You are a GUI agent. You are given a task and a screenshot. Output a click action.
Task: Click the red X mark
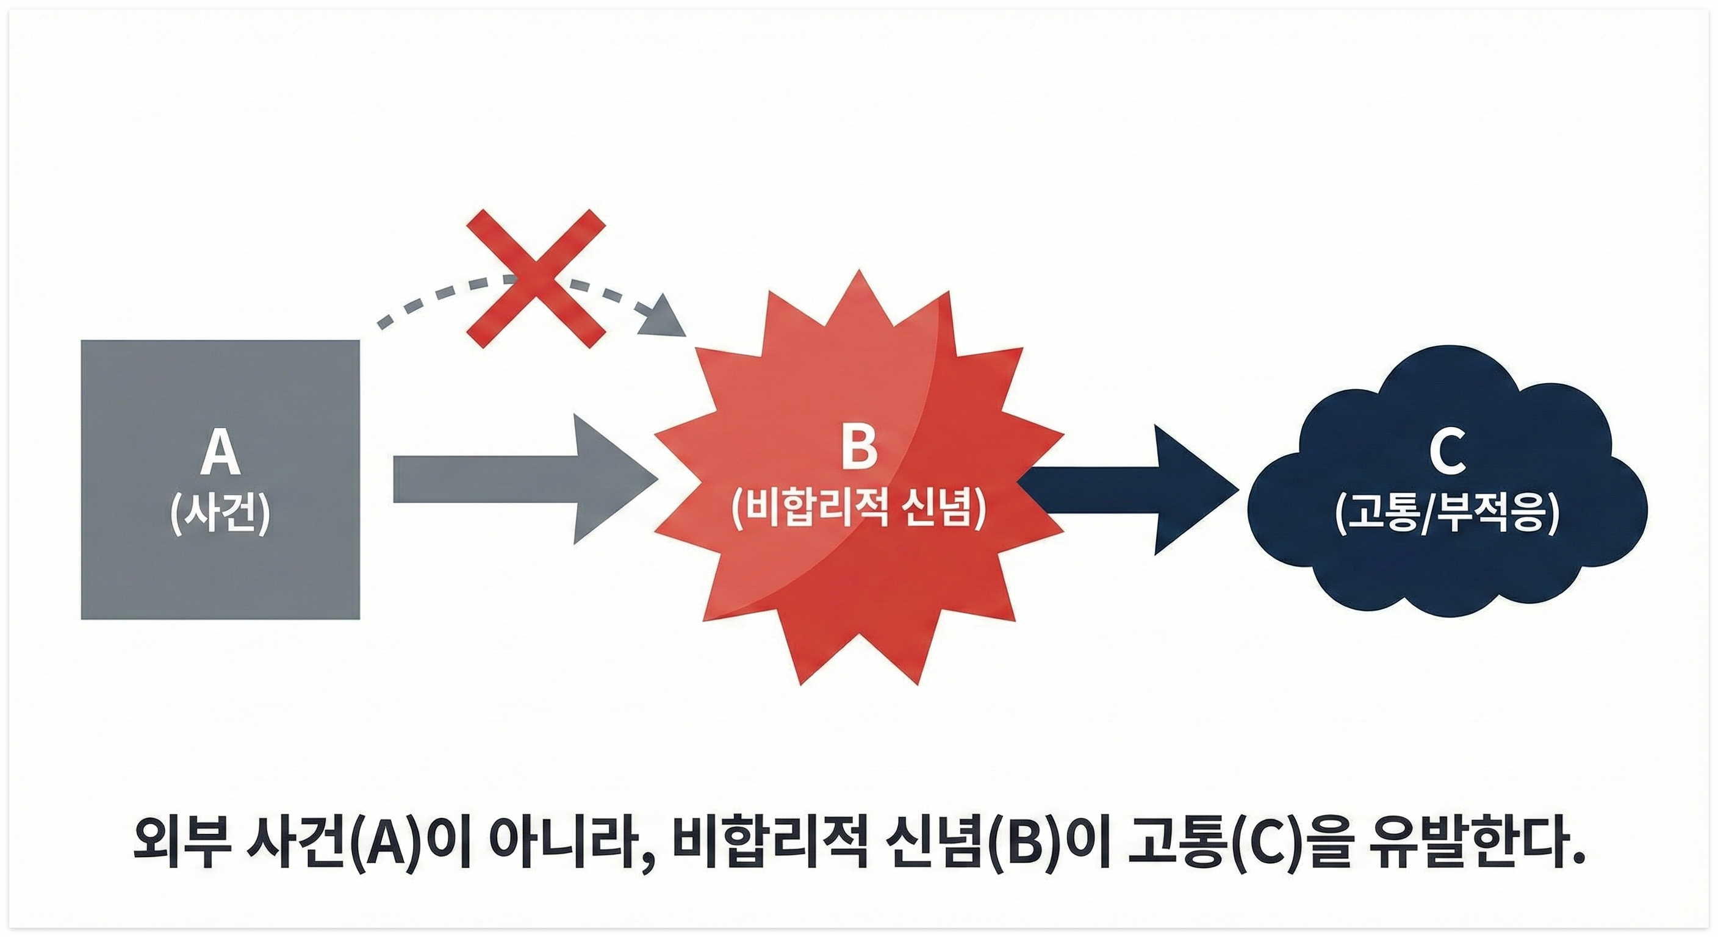(536, 278)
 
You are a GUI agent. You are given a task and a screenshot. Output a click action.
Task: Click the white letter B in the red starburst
(858, 448)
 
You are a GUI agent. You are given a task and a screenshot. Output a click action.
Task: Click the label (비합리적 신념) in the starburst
(858, 511)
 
